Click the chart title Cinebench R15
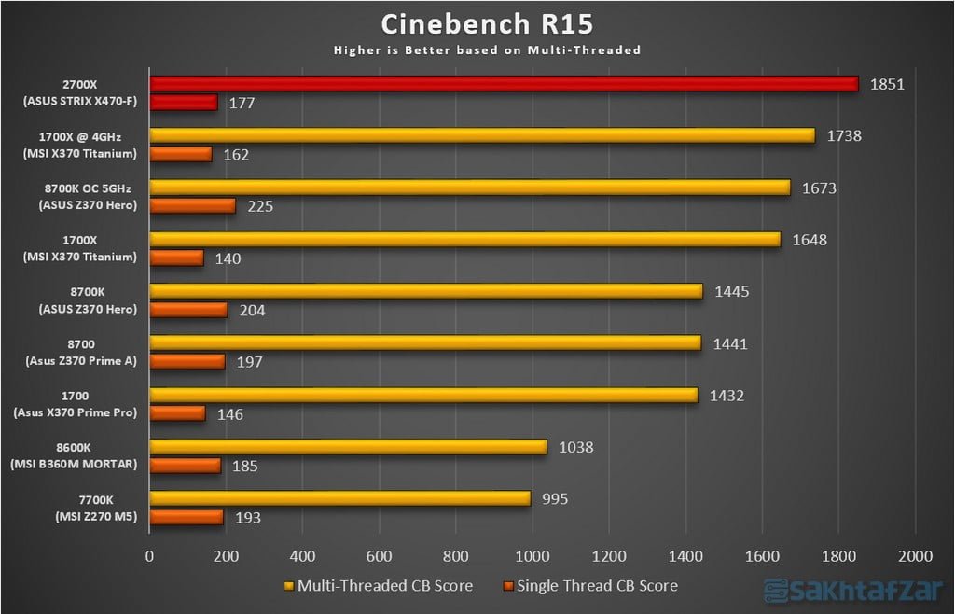pos(487,23)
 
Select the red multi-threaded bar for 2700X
pos(504,84)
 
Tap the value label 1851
pos(886,84)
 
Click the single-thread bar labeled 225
pos(192,205)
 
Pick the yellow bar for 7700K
pos(340,498)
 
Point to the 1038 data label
pos(574,447)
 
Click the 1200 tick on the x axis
pos(609,556)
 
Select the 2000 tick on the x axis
pos(915,556)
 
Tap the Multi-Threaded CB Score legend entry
pos(379,586)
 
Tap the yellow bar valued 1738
pos(482,135)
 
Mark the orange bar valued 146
pos(177,412)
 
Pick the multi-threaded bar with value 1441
pos(425,342)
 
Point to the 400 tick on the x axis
pos(303,556)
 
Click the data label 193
pos(248,517)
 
